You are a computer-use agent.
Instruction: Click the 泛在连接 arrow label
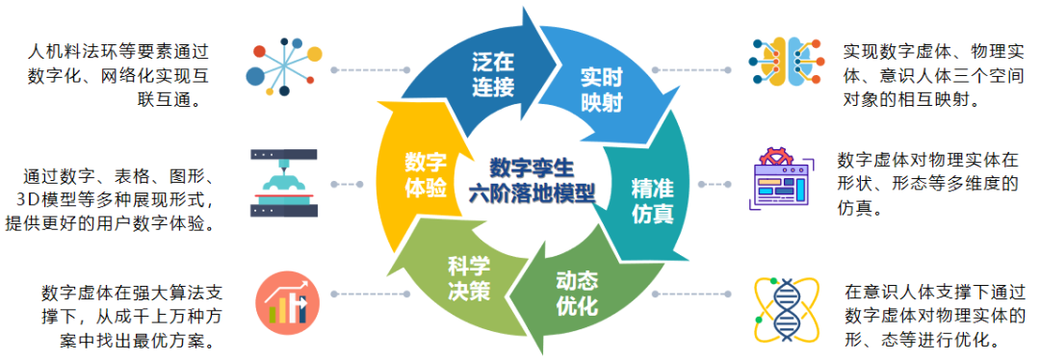click(493, 74)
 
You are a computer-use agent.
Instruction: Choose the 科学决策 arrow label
click(468, 278)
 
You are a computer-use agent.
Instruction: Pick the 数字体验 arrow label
click(425, 174)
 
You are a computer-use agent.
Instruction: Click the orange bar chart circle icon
click(286, 300)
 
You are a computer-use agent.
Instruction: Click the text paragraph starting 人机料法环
click(118, 74)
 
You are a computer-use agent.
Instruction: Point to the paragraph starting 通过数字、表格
click(119, 198)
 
